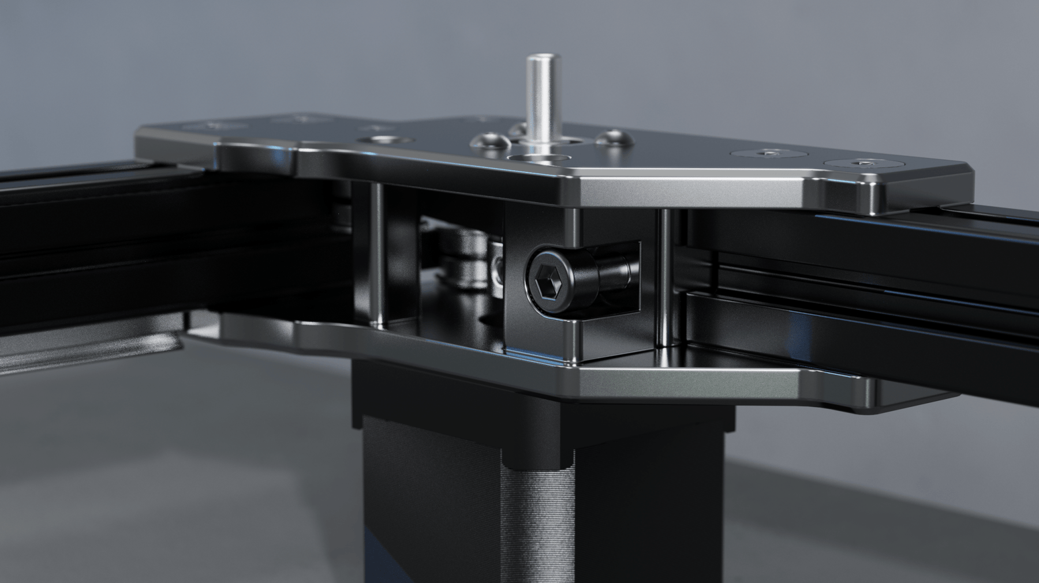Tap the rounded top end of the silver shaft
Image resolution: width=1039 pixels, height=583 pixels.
536,58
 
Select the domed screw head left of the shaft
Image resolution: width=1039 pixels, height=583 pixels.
488,141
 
